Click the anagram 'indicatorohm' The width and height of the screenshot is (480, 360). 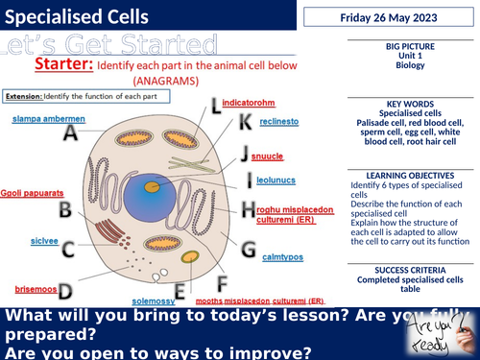pyautogui.click(x=250, y=100)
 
